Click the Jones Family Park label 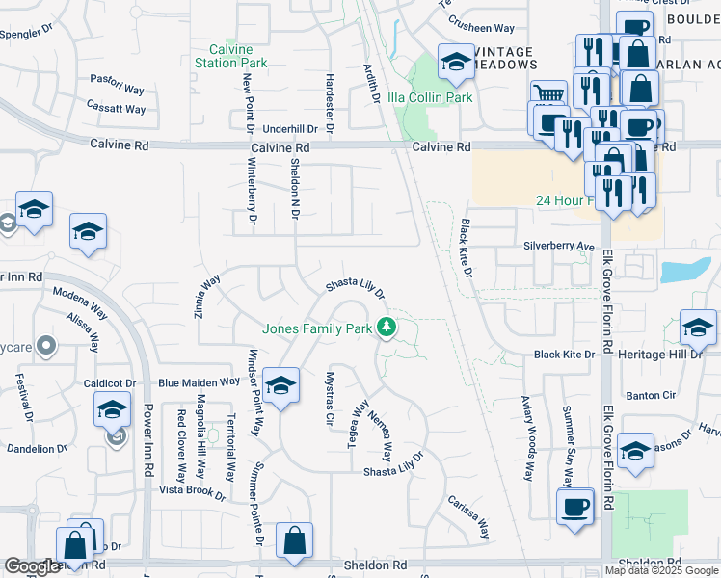tap(317, 328)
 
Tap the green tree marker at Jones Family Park tap(387, 328)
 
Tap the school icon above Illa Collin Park tap(454, 64)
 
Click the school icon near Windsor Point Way tap(280, 387)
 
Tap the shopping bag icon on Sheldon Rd tap(294, 542)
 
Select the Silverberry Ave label tap(559, 246)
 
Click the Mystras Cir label tap(330, 398)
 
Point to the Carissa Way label tap(468, 518)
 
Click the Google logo tap(32, 566)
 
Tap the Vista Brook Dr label tap(193, 493)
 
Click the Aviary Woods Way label tap(527, 438)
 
